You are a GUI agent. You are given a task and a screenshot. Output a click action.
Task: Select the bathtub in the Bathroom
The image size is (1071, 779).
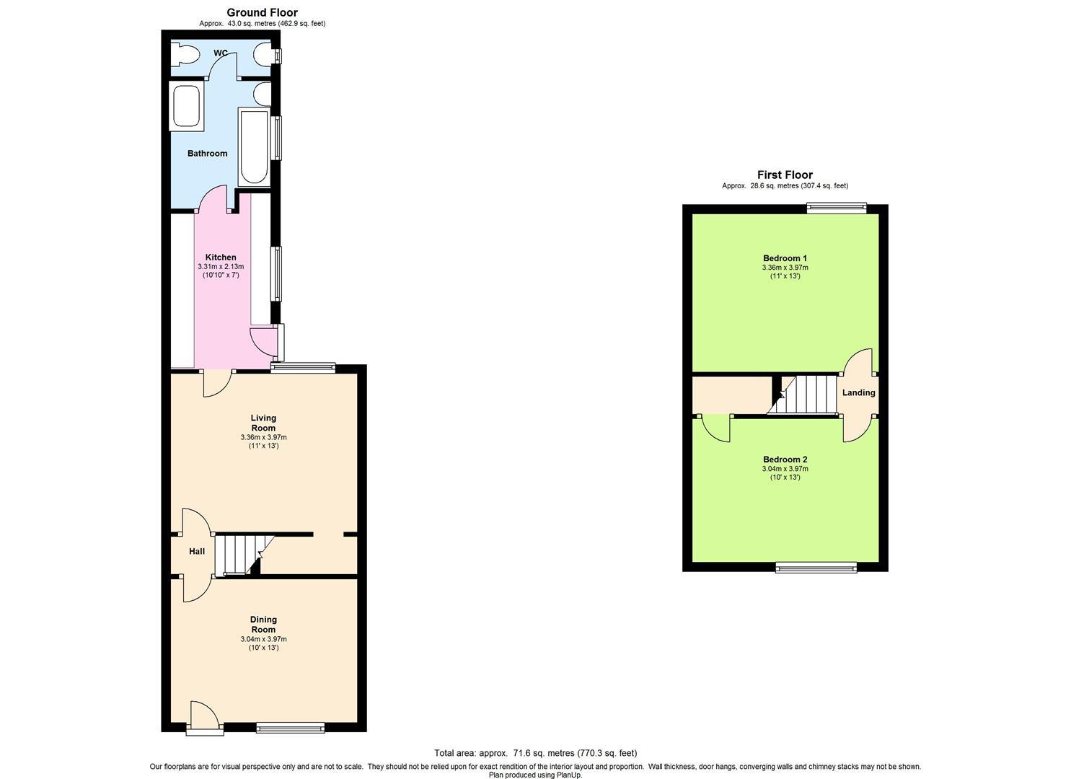[x=253, y=146]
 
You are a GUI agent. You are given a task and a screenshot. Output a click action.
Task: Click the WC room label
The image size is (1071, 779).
[x=221, y=53]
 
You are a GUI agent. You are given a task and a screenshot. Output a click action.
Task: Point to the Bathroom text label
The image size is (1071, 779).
[x=207, y=153]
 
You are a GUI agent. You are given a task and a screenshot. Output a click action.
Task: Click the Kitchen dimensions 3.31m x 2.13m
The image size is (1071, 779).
[x=221, y=267]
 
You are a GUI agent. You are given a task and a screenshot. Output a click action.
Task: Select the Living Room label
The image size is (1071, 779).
[x=263, y=423]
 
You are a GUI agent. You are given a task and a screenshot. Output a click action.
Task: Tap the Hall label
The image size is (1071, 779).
[x=197, y=552]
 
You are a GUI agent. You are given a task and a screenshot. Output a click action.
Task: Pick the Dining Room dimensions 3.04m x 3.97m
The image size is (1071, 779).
[x=263, y=639]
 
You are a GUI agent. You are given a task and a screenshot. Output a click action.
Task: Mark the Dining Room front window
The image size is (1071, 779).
[x=290, y=728]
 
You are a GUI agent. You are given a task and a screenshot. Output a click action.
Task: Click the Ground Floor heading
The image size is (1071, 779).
[x=262, y=12]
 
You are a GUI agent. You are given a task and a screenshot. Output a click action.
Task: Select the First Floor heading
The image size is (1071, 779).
[x=785, y=175]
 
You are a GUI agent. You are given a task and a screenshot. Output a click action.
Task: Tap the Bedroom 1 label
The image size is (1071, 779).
[x=785, y=258]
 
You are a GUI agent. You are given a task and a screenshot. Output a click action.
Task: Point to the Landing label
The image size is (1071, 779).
[x=858, y=393]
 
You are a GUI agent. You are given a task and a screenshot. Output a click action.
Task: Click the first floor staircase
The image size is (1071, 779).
[x=808, y=395]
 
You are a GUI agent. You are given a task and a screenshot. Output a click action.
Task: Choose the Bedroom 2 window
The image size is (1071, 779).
[x=816, y=568]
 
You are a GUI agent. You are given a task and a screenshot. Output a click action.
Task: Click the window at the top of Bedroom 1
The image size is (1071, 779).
[x=836, y=208]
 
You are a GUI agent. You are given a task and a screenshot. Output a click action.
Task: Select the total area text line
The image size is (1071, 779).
[x=535, y=753]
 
